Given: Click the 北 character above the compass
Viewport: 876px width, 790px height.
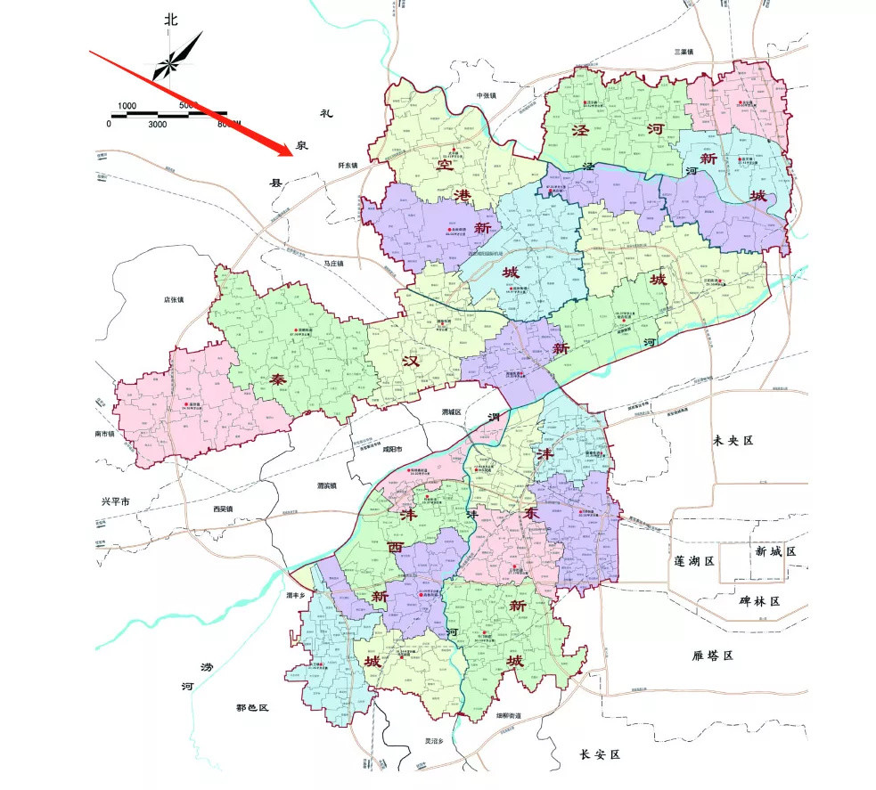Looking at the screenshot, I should (171, 19).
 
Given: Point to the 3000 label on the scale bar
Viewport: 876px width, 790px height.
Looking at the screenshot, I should (158, 124).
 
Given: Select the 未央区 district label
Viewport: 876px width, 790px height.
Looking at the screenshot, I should (733, 441).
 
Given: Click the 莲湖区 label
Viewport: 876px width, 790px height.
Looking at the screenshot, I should (695, 562).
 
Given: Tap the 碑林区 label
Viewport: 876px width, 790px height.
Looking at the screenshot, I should (759, 602).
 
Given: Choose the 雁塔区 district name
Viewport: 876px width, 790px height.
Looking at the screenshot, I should (711, 656).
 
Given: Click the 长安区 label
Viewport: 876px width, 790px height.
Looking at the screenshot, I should (599, 754).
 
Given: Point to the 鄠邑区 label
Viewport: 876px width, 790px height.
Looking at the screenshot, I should (252, 707).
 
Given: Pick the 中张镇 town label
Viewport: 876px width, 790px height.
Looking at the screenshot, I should (486, 95).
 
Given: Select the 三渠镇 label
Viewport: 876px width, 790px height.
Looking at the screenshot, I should (684, 52).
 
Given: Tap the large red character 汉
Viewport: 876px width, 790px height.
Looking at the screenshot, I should (410, 362).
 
